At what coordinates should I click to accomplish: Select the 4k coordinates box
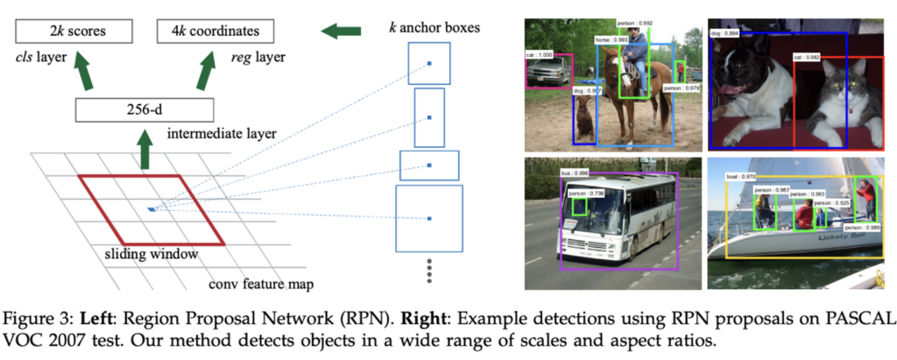pos(215,32)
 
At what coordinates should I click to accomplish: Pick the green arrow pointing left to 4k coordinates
pos(343,32)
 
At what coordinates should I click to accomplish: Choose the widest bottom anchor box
pos(429,217)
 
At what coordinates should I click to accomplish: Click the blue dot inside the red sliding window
pos(152,208)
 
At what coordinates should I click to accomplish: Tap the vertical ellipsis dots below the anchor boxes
pos(429,269)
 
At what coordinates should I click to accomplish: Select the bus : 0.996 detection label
pos(574,173)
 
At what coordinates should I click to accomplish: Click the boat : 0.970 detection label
pos(741,176)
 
